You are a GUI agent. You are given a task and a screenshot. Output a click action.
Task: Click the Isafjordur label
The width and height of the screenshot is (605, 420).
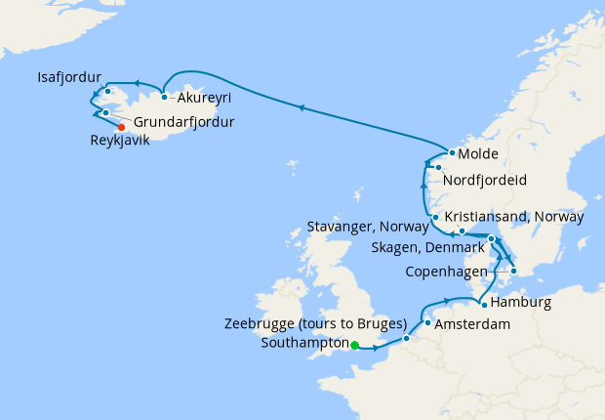tap(70, 76)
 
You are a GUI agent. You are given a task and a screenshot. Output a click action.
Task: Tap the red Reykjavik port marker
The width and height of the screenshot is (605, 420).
tap(121, 127)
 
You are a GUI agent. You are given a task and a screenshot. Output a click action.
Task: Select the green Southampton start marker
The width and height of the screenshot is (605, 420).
tap(355, 345)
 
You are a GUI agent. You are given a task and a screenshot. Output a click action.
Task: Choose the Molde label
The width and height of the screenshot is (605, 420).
tap(478, 155)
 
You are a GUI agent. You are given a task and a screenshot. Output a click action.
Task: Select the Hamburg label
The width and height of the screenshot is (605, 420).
tap(520, 303)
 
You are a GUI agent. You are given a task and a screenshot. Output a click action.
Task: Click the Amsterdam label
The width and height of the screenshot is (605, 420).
tap(472, 323)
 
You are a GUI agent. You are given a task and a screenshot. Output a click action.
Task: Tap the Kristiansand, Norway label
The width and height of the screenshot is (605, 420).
tap(513, 216)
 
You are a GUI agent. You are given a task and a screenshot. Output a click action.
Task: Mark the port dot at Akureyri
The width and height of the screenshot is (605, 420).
tap(165, 97)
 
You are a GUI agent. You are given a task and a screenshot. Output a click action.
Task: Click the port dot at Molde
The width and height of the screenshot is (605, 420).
tap(452, 154)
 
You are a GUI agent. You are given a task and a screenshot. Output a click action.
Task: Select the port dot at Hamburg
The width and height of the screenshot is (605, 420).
tap(484, 305)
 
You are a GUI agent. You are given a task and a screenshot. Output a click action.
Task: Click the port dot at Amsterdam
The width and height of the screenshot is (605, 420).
tap(428, 322)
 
